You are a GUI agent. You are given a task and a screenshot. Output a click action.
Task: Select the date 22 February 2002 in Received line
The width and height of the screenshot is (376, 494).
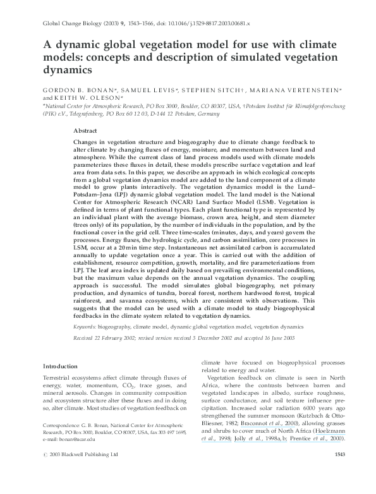point(126,339)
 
